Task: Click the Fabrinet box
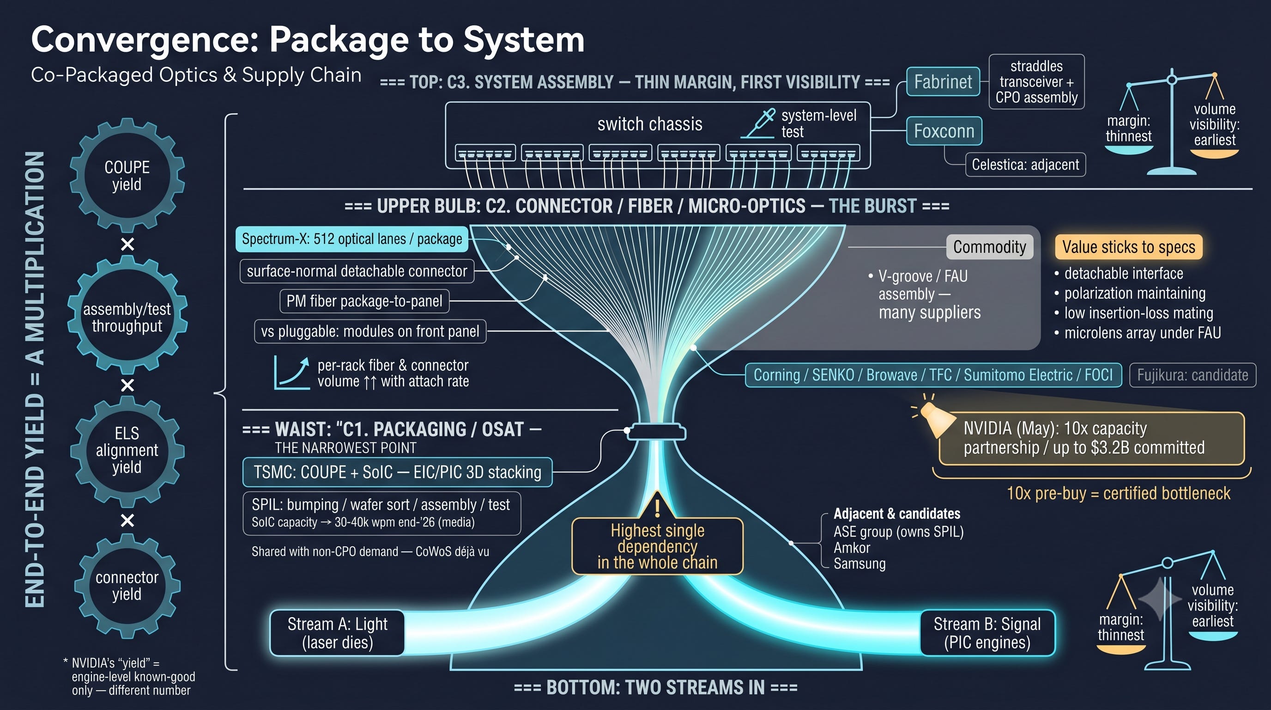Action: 943,81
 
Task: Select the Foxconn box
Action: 944,131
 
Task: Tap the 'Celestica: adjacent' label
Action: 1025,165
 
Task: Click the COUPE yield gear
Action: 127,175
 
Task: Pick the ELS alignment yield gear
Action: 127,450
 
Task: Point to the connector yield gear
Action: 127,586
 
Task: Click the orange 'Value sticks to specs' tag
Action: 1128,247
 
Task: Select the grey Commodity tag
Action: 989,247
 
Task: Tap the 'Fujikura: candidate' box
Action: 1192,375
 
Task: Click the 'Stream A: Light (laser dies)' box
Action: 338,633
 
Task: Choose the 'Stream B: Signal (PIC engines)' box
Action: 987,633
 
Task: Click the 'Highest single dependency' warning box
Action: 657,546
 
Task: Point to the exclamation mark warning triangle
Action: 657,506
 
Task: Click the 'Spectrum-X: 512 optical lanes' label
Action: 352,239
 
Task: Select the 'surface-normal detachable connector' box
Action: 357,271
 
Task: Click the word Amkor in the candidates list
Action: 852,548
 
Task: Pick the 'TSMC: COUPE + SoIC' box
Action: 397,472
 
